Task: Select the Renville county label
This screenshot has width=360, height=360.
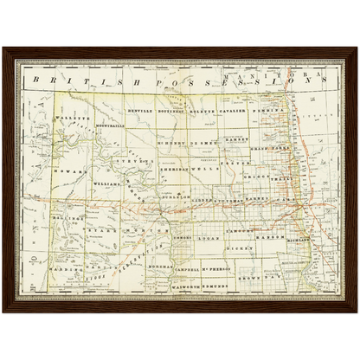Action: (138, 112)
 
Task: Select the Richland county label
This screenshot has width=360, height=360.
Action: (300, 236)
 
